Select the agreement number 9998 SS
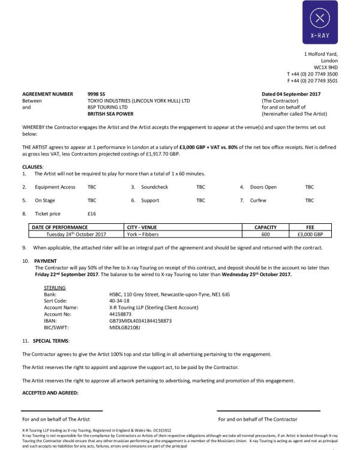click(x=97, y=94)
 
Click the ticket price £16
click(x=92, y=214)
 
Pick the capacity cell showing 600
click(x=265, y=234)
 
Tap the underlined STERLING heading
click(x=55, y=288)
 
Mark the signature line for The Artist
click(x=62, y=411)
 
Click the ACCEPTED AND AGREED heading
click(x=50, y=393)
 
